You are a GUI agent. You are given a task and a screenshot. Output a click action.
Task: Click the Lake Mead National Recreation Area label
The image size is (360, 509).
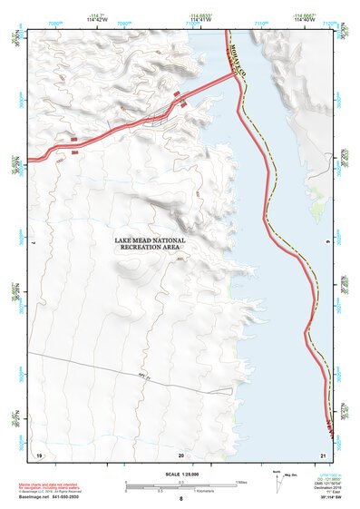click(151, 245)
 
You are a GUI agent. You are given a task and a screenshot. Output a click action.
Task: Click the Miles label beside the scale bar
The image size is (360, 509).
click(242, 481)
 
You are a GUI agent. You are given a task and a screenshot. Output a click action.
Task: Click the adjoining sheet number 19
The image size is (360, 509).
click(39, 454)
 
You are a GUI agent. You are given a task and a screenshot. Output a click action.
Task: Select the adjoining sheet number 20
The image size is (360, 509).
click(180, 454)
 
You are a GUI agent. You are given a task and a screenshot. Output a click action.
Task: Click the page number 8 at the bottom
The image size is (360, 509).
click(180, 500)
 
